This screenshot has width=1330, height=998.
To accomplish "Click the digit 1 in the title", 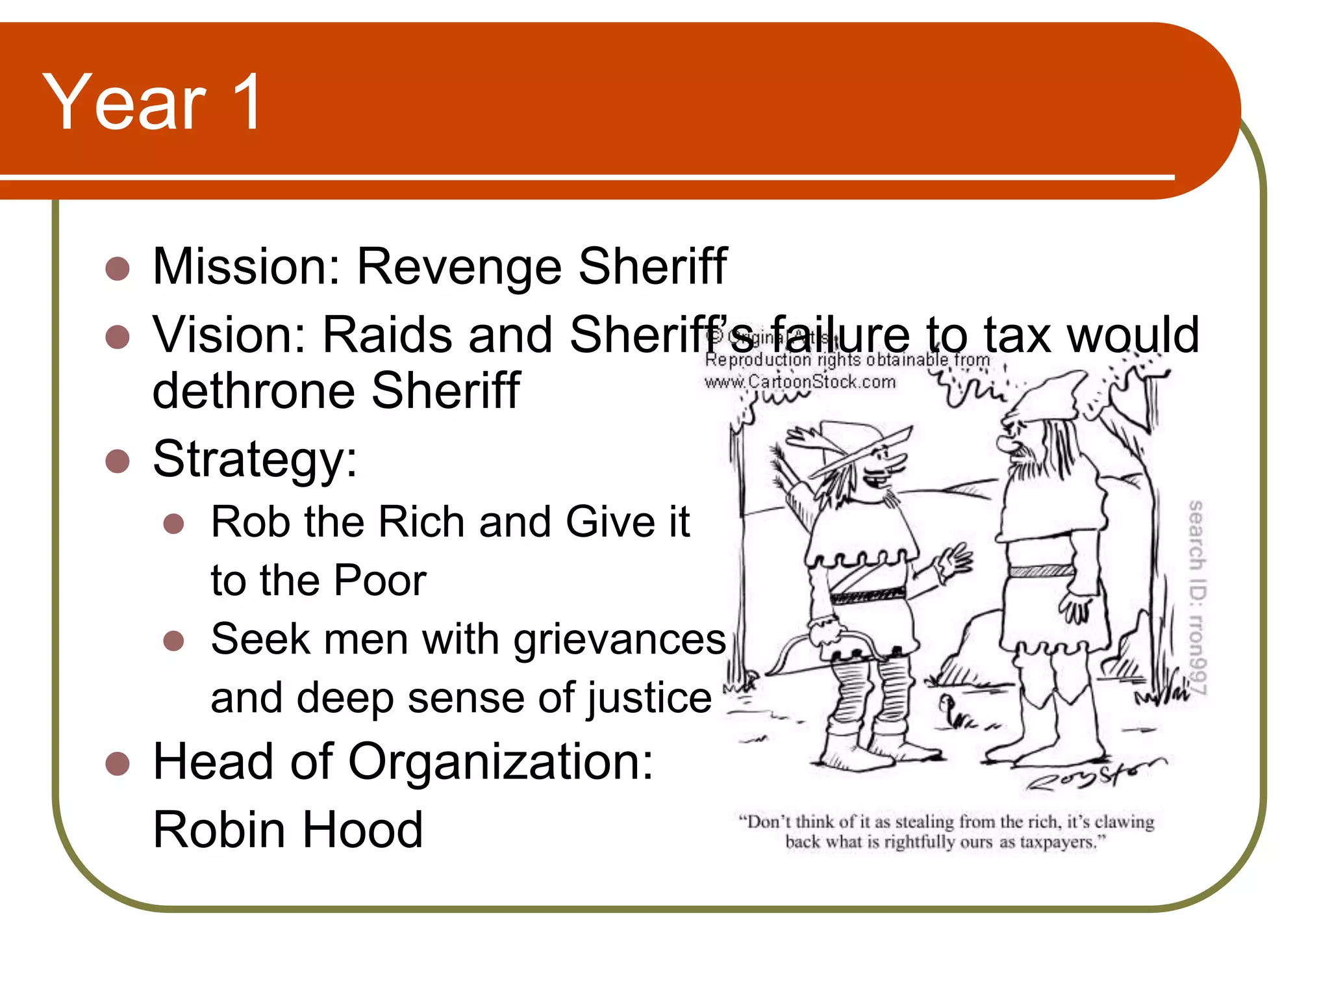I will pos(247,102).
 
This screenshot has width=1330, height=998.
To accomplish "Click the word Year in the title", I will pos(124,102).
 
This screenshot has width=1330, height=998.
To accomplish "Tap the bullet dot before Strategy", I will pos(118,461).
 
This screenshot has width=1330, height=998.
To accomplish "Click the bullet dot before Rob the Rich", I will pos(173,524).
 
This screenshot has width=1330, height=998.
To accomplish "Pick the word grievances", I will pos(620,639).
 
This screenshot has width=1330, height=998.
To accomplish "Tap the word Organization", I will pos(500,762).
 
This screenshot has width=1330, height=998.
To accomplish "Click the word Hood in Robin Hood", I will pos(363,830).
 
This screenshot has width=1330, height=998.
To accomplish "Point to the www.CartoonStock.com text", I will pos(799,382).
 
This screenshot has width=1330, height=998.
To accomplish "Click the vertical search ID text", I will pos(1197,598).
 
